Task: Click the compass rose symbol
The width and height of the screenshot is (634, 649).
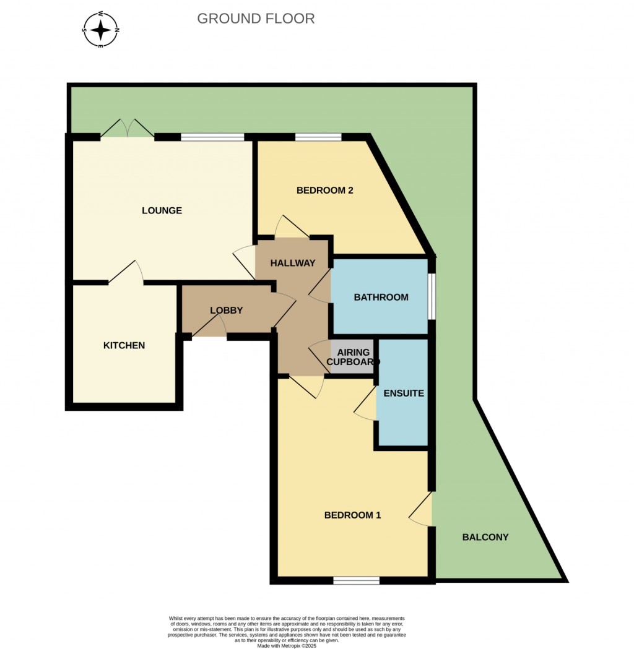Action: [x=102, y=29]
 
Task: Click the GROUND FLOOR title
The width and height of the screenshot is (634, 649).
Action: [x=256, y=19]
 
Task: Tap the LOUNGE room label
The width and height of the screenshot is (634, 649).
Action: [x=162, y=210]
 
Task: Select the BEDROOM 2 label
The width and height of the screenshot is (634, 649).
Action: [x=324, y=191]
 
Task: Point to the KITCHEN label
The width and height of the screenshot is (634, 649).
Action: [x=124, y=345]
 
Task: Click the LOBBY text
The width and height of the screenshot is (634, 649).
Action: [x=226, y=311]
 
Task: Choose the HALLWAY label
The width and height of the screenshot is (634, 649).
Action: [x=293, y=263]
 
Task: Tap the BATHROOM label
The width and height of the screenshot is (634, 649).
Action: [x=381, y=297]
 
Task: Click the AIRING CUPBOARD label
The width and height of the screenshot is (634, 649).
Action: [x=352, y=357]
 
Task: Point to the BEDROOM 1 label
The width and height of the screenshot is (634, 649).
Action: [x=352, y=515]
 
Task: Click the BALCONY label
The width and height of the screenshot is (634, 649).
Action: [x=485, y=537]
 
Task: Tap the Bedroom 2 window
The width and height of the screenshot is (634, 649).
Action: [x=318, y=137]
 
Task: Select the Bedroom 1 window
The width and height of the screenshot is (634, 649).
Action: [x=356, y=580]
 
